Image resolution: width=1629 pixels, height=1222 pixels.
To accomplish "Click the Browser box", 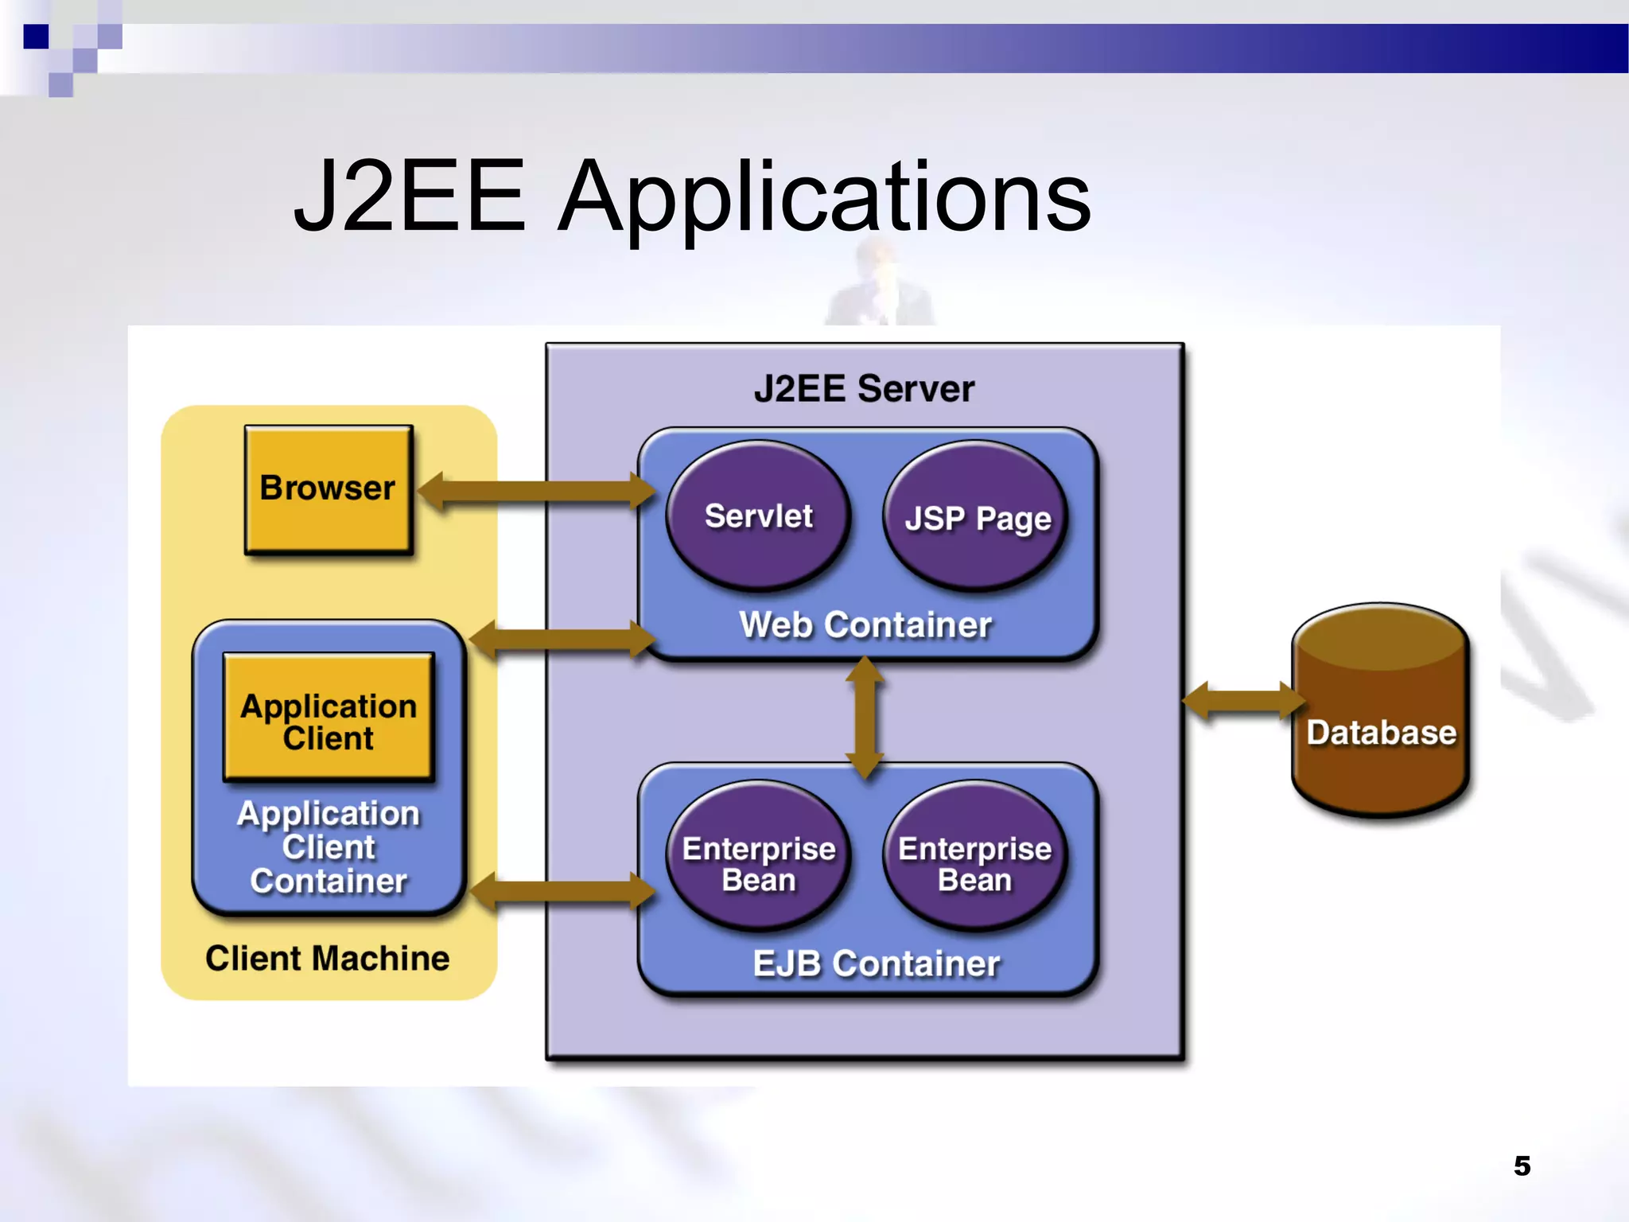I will [x=329, y=488].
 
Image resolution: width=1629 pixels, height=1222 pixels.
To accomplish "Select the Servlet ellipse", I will [x=758, y=516].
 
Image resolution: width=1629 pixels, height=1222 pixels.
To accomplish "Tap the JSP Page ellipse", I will [x=977, y=517].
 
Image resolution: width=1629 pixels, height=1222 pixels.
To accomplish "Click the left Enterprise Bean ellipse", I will [x=758, y=856].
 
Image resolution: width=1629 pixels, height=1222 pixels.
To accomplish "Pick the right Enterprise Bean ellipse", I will [x=975, y=856].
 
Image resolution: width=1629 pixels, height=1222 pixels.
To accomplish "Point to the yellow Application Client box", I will [x=329, y=717].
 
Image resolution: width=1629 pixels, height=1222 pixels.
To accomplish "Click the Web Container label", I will [x=865, y=625].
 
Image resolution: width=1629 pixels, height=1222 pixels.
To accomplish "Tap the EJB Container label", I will [x=875, y=963].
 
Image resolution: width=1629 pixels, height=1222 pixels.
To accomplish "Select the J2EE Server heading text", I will [x=864, y=389].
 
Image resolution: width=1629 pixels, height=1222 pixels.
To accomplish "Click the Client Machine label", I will [x=327, y=958].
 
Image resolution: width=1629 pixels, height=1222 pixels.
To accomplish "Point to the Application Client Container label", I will [x=329, y=847].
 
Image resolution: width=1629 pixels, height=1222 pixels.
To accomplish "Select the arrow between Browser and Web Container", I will [x=537, y=490].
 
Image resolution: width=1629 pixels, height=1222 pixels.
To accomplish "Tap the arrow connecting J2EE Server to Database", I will [x=1242, y=701].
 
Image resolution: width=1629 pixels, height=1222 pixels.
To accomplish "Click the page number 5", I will [x=1522, y=1166].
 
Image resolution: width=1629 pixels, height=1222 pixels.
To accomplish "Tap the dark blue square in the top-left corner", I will [x=36, y=37].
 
